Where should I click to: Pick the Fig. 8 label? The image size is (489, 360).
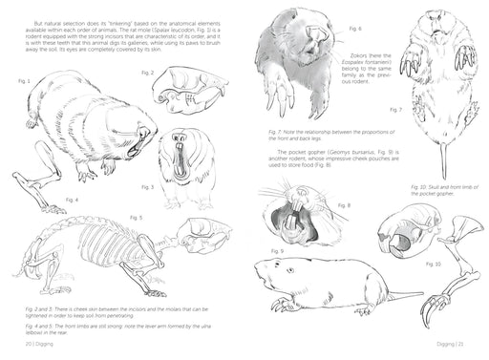[345, 206]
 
